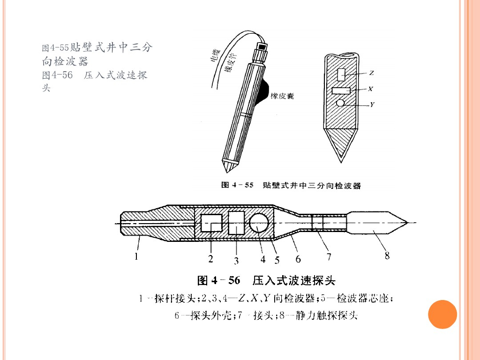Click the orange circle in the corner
click(442, 314)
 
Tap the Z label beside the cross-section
click(371, 73)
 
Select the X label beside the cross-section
click(371, 89)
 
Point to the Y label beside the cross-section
click(372, 105)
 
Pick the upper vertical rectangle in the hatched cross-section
click(341, 74)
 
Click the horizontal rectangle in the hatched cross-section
click(341, 90)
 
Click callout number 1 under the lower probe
click(136, 256)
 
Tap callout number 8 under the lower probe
click(387, 255)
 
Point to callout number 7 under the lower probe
click(329, 256)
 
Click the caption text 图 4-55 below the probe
click(237, 185)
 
